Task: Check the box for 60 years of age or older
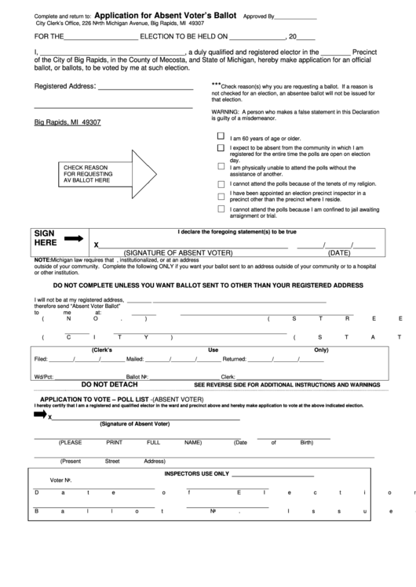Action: click(221, 136)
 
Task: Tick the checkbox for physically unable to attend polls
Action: click(221, 166)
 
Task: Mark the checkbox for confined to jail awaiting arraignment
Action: click(221, 209)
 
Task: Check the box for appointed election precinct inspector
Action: click(221, 196)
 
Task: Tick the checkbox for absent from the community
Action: click(221, 147)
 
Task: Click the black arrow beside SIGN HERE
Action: click(74, 238)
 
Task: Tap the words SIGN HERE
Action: click(45, 238)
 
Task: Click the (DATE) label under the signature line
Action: click(338, 253)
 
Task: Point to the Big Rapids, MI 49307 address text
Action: click(68, 123)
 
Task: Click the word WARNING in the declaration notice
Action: click(225, 112)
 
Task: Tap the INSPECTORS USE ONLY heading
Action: click(196, 473)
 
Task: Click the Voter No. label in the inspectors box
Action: click(61, 480)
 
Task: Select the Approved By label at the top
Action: click(259, 16)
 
